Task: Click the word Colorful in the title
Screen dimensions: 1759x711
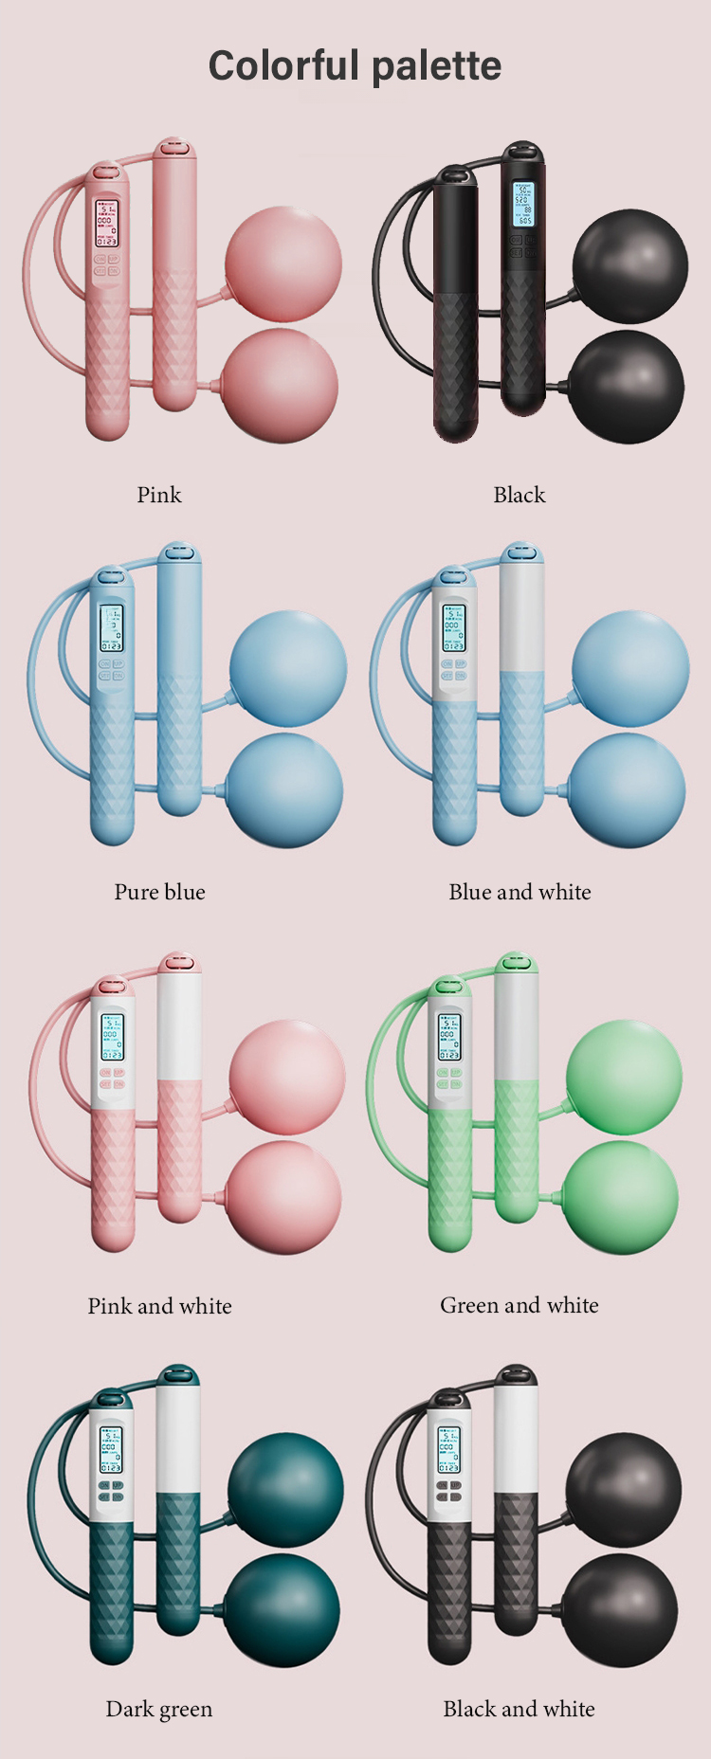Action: (284, 66)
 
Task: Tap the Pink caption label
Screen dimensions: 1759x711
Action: (159, 495)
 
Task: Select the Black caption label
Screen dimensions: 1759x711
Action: (520, 495)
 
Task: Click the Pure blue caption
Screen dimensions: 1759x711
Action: (159, 892)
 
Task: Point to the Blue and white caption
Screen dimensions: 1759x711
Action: (520, 892)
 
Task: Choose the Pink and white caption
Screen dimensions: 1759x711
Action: (159, 1306)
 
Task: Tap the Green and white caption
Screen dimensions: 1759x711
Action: (520, 1305)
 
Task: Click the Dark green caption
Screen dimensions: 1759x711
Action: (159, 1709)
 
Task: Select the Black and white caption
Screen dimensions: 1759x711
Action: (520, 1709)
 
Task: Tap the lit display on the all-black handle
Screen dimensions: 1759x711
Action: (523, 204)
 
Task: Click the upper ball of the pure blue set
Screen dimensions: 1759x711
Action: (287, 669)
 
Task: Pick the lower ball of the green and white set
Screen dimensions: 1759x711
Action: (621, 1198)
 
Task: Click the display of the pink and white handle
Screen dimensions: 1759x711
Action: (112, 1037)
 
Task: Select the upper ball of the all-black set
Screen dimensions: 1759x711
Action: (630, 266)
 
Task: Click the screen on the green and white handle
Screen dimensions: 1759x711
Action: (449, 1037)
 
